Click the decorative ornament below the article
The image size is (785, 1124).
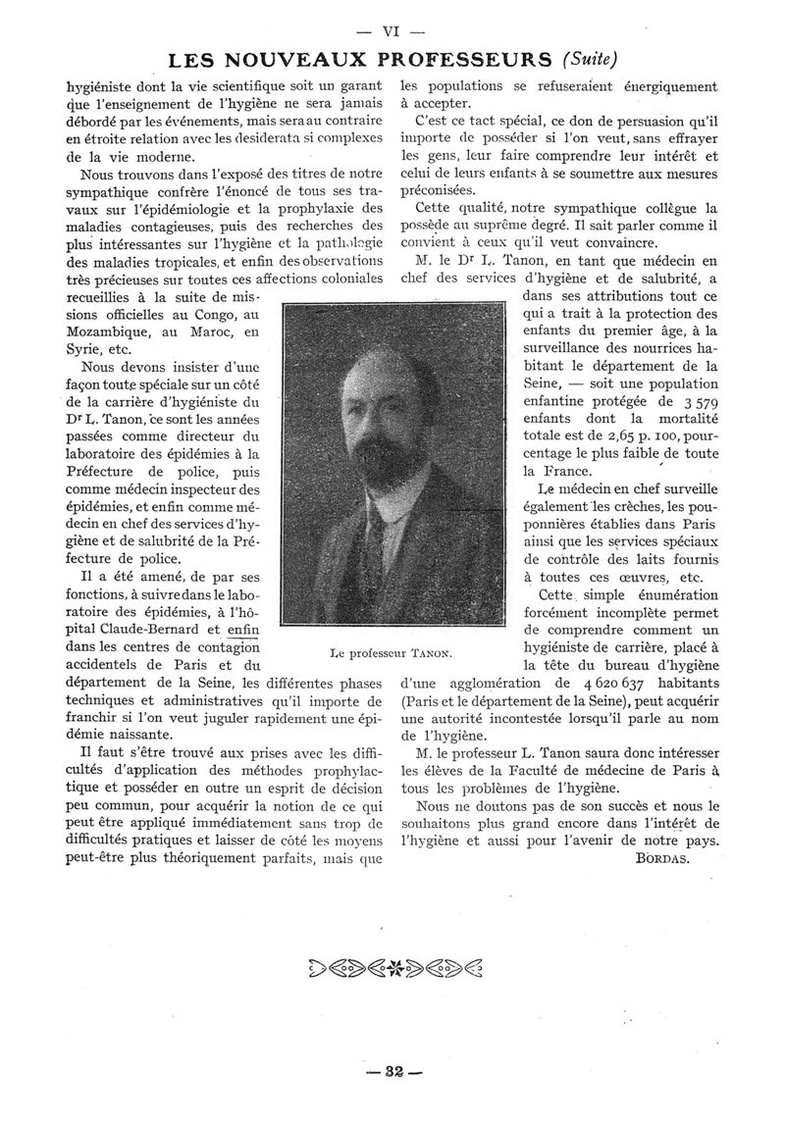[392, 966]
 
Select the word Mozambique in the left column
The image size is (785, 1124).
[111, 332]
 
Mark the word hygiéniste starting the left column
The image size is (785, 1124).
[106, 86]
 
